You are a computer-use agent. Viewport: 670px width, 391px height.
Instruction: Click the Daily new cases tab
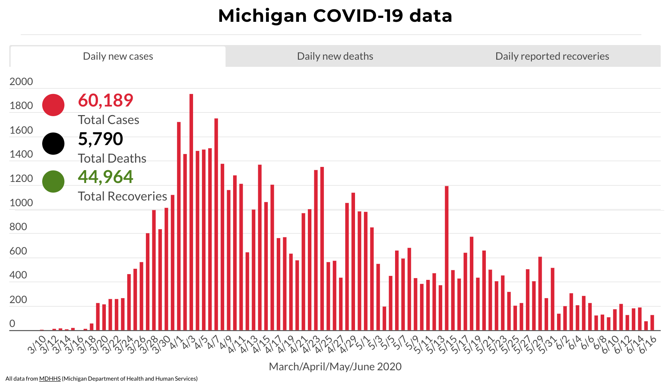pos(118,56)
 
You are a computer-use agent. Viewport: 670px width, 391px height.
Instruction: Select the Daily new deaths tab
pos(335,56)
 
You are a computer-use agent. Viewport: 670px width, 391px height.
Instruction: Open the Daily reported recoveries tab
pos(552,56)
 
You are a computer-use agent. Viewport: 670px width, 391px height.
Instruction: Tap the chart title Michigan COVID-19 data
pos(335,16)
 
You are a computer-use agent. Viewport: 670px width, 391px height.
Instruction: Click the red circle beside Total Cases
pos(53,105)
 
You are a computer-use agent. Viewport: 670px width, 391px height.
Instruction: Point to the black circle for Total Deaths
pos(53,144)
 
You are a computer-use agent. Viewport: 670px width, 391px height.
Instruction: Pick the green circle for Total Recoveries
pos(53,182)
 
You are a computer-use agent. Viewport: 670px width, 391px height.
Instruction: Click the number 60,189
pos(105,100)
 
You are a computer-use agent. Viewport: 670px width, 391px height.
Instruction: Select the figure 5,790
pos(100,139)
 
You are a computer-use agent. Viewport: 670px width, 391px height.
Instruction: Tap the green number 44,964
pos(105,177)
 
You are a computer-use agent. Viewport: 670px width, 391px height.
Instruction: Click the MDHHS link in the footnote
pos(50,379)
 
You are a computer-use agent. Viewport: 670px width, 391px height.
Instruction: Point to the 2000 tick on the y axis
pos(21,82)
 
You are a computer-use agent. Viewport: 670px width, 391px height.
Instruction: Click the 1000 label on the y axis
pos(21,203)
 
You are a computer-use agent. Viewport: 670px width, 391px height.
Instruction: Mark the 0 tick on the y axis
pos(13,324)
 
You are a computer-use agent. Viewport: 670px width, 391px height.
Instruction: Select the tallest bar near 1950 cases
pos(191,211)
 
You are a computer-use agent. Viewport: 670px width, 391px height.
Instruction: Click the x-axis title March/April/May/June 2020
pos(335,367)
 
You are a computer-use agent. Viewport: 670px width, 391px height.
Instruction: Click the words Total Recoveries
pos(122,197)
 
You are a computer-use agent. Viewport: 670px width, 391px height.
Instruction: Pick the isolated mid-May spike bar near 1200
pos(447,257)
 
